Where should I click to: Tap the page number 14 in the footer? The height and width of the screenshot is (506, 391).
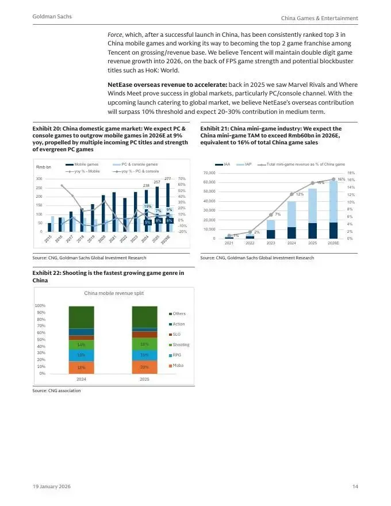355,488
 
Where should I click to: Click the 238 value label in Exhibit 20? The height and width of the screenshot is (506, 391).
147,186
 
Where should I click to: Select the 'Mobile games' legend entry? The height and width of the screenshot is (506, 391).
86,164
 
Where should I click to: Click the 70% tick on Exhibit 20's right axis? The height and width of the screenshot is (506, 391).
182,179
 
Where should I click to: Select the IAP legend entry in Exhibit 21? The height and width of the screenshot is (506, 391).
248,164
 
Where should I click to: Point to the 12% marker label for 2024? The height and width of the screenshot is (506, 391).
300,194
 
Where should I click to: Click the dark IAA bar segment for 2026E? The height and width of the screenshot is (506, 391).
333,230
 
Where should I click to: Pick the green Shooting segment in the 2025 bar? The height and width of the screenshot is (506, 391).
145,344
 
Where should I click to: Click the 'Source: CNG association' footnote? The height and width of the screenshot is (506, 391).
57,390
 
